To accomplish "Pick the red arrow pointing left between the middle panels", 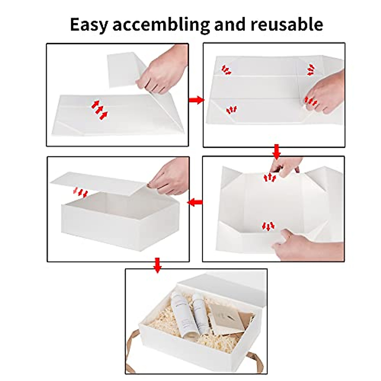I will click(195, 202).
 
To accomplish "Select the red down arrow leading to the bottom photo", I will click(157, 265).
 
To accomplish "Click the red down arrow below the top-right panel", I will click(277, 152).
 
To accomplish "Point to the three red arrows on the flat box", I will click(99, 110).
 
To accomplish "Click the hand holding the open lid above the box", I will click(170, 178).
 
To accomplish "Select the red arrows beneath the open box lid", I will click(80, 192).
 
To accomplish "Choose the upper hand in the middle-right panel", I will click(286, 166).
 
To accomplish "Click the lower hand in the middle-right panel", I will click(305, 246).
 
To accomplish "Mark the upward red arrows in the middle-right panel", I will click(270, 177).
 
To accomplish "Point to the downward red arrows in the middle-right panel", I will click(268, 226).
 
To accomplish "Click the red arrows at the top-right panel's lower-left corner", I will click(231, 110).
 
